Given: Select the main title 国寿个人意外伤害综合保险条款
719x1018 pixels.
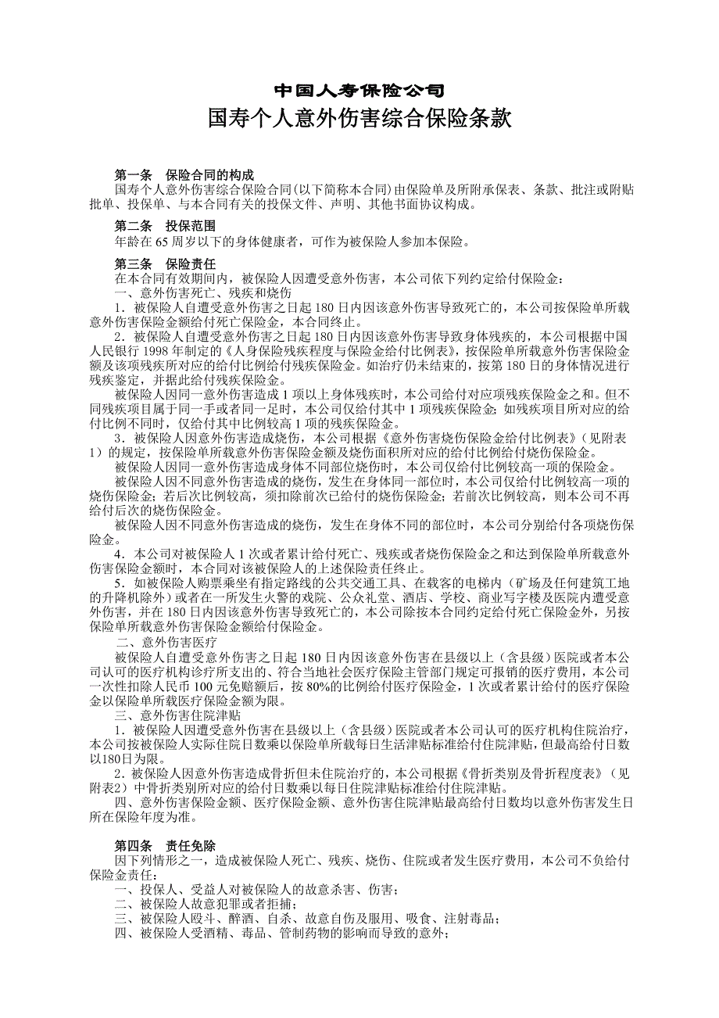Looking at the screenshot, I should point(359,120).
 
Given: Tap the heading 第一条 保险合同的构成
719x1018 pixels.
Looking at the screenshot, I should point(184,175).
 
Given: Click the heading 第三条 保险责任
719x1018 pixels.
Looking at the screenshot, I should point(165,264).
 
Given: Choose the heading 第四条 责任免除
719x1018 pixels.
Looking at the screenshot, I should point(165,846).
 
